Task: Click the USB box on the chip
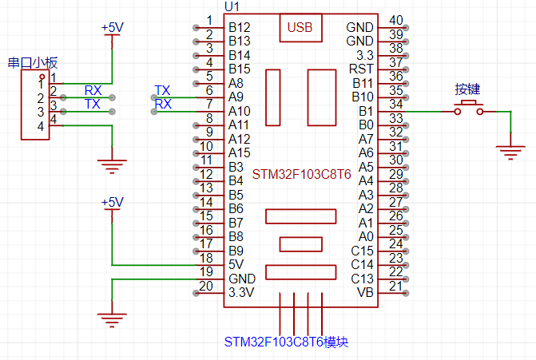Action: [301, 28]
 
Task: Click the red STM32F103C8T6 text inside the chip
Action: [301, 173]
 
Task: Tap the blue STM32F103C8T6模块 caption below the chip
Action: [286, 342]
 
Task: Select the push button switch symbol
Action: [469, 110]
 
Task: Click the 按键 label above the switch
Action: [467, 89]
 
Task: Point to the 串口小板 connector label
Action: [33, 62]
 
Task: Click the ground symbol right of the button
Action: [510, 148]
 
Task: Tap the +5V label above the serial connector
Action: [112, 28]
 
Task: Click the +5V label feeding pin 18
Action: [112, 203]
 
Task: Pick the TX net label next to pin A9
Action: [162, 89]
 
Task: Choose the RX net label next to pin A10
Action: [162, 104]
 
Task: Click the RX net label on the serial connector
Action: [93, 89]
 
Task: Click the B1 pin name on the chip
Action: [366, 111]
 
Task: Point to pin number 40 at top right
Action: [395, 21]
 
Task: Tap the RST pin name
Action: [363, 69]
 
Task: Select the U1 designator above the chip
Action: [232, 6]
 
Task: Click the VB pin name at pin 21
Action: [365, 292]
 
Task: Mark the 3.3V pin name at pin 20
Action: [241, 292]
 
